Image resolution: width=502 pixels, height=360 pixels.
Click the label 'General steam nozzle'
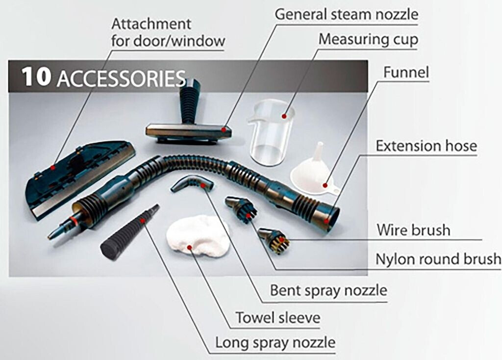click(347, 14)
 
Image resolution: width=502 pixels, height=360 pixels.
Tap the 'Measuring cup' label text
click(368, 39)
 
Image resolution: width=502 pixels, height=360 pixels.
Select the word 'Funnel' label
click(406, 72)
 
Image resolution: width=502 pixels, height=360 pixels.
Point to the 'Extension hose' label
click(426, 146)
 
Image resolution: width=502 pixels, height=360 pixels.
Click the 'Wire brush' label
click(413, 230)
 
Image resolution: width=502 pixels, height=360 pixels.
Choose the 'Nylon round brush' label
click(438, 258)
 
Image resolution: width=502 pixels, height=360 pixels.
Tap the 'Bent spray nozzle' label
click(328, 290)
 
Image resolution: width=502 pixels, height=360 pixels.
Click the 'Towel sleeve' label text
click(278, 317)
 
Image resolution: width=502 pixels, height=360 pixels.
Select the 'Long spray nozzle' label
click(275, 343)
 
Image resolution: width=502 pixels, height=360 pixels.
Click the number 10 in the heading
click(36, 77)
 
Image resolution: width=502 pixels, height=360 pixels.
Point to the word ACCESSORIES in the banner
click(122, 79)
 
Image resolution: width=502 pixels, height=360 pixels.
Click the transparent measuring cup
click(271, 132)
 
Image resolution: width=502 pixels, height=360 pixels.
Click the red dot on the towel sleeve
click(189, 247)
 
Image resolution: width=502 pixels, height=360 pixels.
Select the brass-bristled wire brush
click(273, 240)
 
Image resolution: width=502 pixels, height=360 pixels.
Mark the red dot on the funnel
click(325, 185)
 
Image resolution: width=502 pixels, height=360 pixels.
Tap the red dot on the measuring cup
click(284, 116)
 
